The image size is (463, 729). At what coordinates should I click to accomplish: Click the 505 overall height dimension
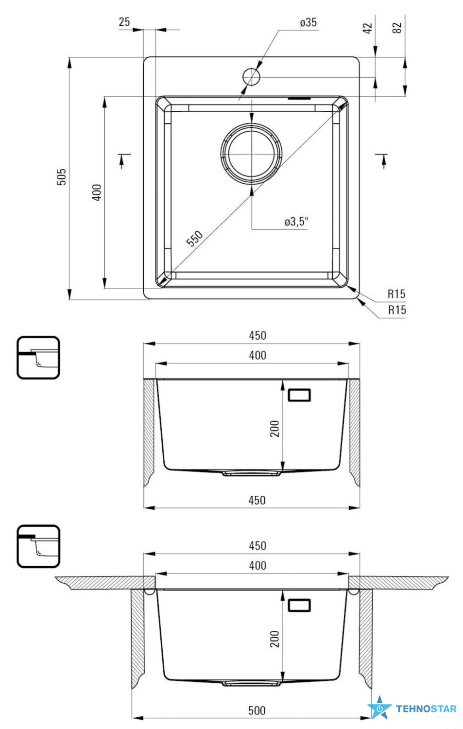click(62, 177)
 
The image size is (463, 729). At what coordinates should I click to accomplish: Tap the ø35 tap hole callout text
click(308, 22)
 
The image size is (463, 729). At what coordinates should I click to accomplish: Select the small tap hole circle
click(251, 77)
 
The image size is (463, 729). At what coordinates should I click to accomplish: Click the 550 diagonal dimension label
click(194, 238)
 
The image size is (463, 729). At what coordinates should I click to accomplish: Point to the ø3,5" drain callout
click(296, 222)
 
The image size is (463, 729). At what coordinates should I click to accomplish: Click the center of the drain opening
click(251, 153)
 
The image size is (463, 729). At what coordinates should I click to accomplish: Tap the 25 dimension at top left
click(124, 22)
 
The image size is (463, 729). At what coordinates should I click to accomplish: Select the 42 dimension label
click(367, 28)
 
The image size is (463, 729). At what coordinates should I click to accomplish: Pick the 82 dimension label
click(397, 28)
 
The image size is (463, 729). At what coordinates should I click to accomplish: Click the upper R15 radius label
click(396, 294)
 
